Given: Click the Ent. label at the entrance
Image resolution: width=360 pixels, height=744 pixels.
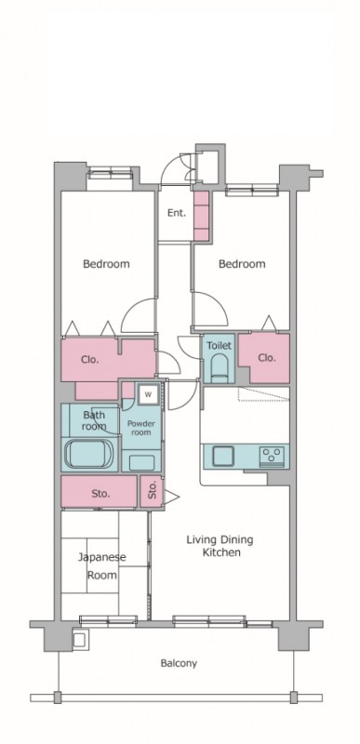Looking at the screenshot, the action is [177, 214].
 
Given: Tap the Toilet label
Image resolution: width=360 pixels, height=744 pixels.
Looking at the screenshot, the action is [219, 345].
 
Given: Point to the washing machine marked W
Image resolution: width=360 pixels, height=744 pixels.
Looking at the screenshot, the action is [149, 394].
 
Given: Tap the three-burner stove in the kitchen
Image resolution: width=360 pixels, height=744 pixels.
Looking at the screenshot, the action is [273, 457].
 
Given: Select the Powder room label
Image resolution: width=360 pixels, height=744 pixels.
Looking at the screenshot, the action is [141, 428].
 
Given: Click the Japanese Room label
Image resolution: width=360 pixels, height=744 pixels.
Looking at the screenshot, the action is [102, 565].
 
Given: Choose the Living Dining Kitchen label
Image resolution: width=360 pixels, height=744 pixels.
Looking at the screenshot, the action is [220, 546].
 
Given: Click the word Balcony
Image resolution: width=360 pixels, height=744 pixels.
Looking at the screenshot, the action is [179, 663].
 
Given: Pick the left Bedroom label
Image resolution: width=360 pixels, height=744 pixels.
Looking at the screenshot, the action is [106, 264].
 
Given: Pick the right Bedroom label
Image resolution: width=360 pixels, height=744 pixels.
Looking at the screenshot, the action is [242, 264].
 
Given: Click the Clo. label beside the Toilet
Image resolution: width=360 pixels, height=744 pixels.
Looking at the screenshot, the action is [267, 358].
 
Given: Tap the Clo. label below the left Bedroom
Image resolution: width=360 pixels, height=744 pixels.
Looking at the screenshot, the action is [90, 360].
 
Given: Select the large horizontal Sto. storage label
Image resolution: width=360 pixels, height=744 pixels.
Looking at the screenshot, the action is [100, 494].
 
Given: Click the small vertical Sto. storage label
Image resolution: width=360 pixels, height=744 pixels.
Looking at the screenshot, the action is [153, 491].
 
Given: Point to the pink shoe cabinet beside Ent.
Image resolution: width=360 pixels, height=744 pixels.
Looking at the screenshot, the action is [202, 216].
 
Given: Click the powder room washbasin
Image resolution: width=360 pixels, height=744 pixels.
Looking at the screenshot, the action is [141, 462].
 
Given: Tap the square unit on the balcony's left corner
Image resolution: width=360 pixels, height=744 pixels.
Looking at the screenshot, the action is [79, 640].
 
